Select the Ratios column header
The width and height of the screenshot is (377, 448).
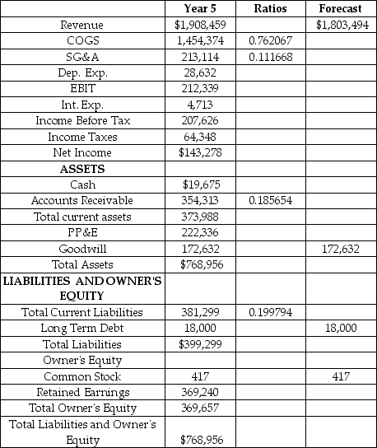click(271, 9)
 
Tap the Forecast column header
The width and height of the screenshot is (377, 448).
click(340, 9)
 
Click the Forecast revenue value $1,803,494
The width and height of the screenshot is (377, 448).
click(340, 25)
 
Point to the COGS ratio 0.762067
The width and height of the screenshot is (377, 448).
click(271, 40)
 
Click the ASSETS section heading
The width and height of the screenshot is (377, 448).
click(82, 169)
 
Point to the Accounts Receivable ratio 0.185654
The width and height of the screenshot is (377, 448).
click(271, 200)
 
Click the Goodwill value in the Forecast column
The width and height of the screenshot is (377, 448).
click(340, 248)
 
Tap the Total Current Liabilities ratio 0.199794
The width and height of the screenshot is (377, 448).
click(271, 312)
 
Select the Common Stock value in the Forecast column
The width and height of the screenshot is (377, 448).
click(340, 376)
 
